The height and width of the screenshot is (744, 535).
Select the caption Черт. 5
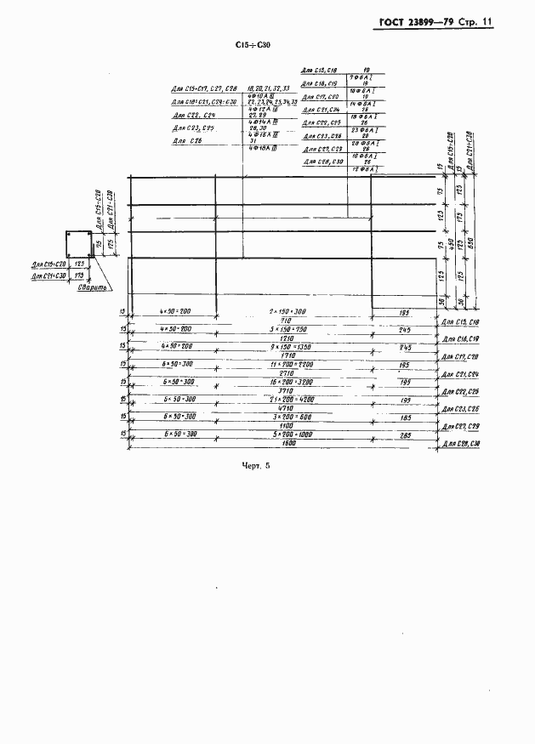pyautogui.click(x=254, y=465)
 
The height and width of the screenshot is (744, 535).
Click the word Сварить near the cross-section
pyautogui.click(x=90, y=289)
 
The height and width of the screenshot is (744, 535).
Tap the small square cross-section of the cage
pyautogui.click(x=78, y=243)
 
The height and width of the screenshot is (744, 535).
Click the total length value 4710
pyautogui.click(x=286, y=406)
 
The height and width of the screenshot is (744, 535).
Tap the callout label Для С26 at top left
pyautogui.click(x=187, y=141)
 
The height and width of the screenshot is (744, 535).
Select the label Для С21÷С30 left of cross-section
pyautogui.click(x=49, y=275)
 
